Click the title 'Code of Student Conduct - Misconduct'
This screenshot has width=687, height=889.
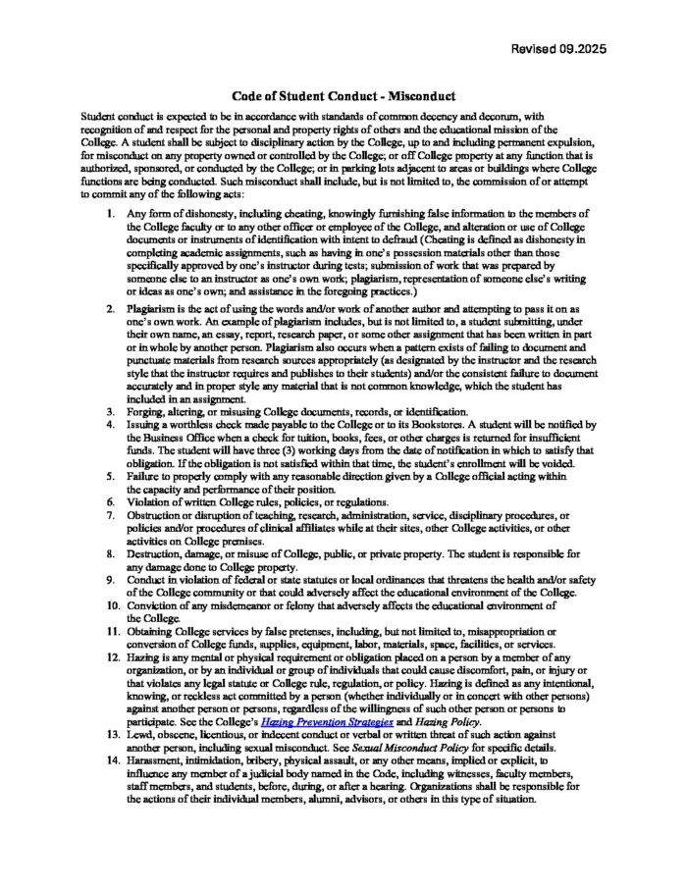pos(343,97)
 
